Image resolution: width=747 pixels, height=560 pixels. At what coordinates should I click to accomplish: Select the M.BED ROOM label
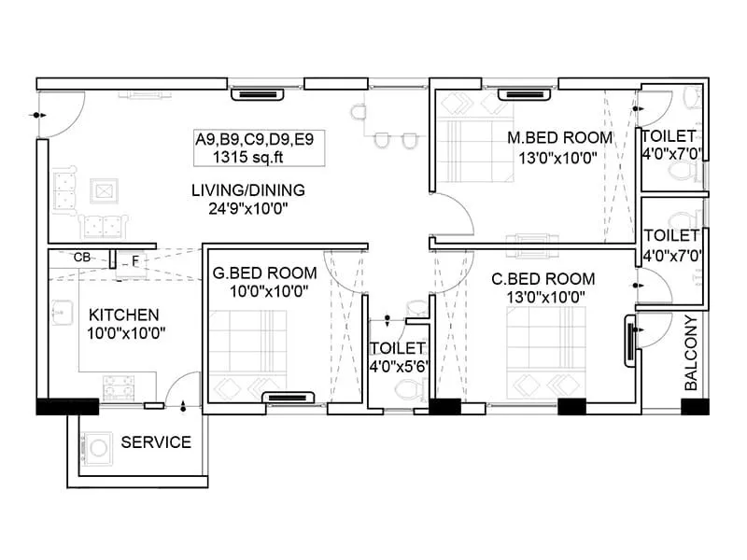(559, 138)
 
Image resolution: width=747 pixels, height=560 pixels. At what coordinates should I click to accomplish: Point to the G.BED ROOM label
(264, 273)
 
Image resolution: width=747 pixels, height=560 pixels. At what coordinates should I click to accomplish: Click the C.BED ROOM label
(543, 278)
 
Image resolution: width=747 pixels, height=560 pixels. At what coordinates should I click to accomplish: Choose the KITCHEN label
(123, 315)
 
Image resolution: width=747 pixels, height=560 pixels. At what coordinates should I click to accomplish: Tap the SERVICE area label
(156, 441)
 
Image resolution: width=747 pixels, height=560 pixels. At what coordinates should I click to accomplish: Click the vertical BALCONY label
(691, 353)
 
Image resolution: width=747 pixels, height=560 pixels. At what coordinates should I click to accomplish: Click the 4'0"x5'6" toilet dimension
(399, 366)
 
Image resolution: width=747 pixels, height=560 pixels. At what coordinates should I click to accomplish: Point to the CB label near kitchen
(81, 257)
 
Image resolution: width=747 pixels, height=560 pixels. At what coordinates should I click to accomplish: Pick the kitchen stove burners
(119, 385)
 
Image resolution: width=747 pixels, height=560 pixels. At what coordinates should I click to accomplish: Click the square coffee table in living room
(102, 190)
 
